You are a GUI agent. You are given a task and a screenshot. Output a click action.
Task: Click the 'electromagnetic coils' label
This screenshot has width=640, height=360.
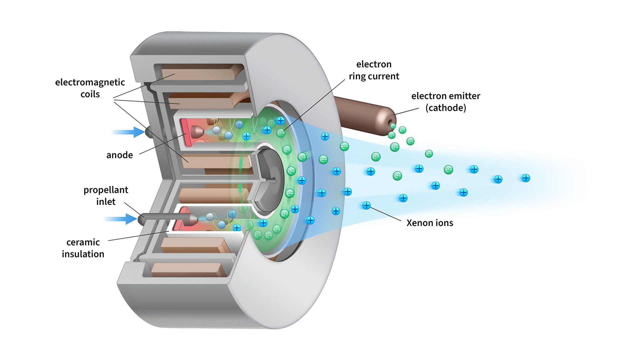[x=90, y=88]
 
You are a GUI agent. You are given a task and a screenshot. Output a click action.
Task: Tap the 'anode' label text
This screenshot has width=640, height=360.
[x=119, y=155]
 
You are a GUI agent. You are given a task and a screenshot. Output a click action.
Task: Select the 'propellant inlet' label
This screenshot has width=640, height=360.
[x=106, y=196]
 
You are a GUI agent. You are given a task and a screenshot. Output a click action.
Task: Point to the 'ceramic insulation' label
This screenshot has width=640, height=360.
[x=83, y=248]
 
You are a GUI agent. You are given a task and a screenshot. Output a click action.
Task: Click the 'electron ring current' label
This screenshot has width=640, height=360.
[x=374, y=70]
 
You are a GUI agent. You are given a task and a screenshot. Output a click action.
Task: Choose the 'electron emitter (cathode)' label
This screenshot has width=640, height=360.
[x=446, y=102]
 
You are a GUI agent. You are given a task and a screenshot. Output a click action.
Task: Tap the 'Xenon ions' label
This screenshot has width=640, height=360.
[x=430, y=223]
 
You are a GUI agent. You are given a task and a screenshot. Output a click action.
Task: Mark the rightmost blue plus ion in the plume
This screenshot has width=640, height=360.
[x=526, y=178]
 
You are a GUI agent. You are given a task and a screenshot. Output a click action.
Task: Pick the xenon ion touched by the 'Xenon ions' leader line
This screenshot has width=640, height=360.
[x=366, y=205]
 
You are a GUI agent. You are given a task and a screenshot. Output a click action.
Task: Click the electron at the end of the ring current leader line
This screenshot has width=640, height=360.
[x=281, y=133]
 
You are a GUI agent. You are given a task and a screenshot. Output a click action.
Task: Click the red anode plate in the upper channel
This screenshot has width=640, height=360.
[x=185, y=132]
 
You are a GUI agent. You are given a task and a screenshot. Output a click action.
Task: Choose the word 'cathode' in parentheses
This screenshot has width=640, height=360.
[x=446, y=108]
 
